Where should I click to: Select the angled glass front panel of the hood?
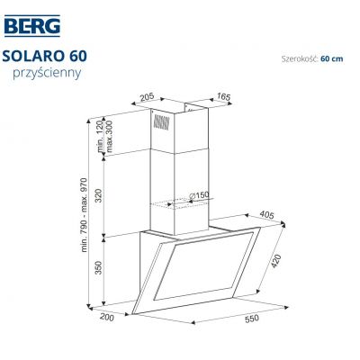click(x=202, y=274)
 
